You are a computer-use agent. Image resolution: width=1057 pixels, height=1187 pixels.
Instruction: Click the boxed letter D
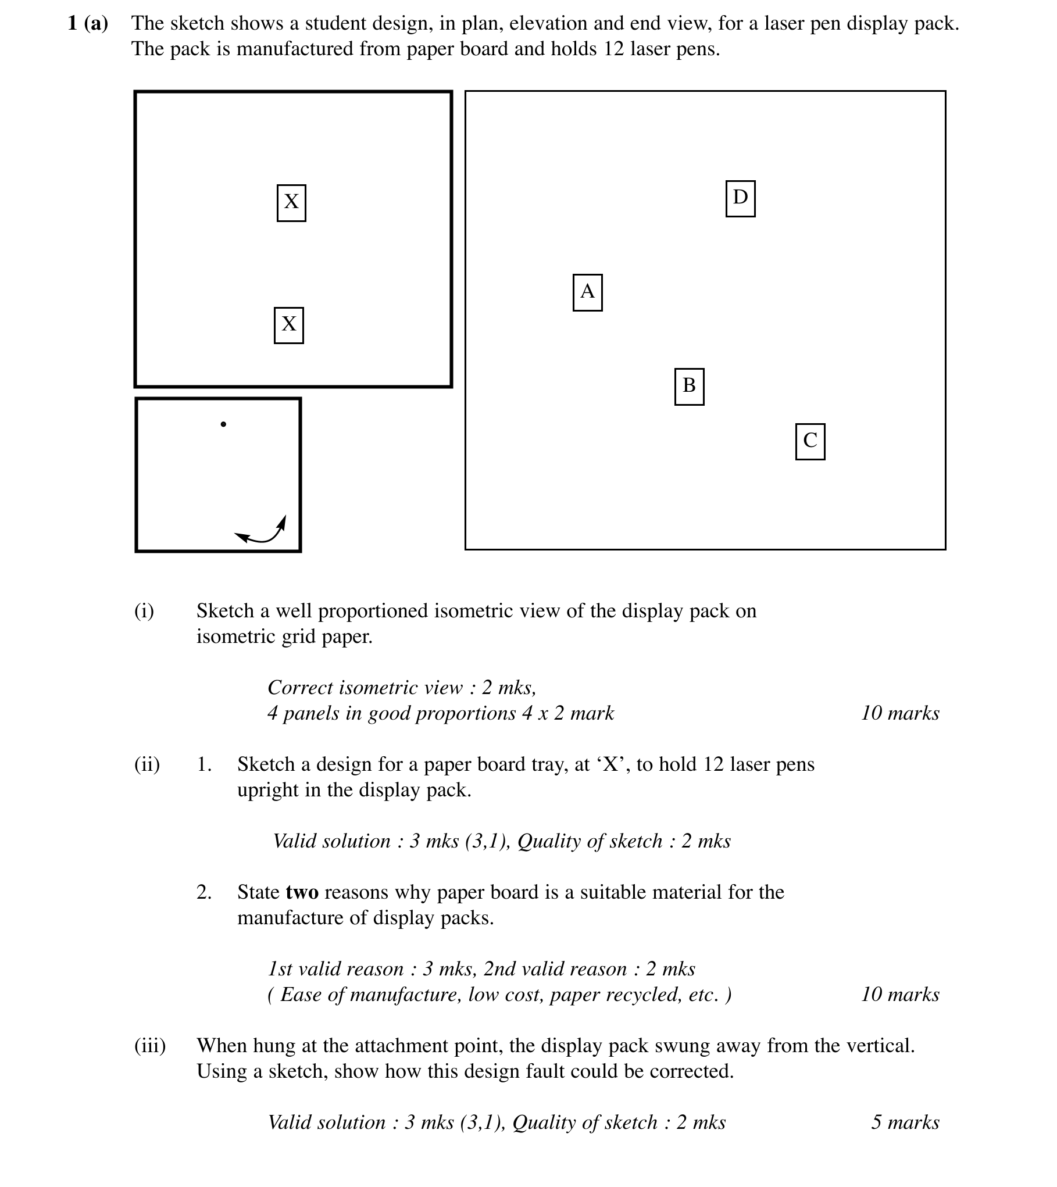tap(740, 199)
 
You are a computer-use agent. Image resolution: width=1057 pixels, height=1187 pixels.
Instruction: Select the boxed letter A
tap(587, 292)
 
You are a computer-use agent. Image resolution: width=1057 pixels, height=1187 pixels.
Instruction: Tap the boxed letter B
tap(689, 387)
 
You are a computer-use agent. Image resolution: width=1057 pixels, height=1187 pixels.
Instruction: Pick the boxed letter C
tap(810, 442)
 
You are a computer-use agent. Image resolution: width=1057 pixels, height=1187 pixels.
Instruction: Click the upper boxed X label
tap(291, 203)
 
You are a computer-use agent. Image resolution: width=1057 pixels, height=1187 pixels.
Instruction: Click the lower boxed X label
tap(289, 326)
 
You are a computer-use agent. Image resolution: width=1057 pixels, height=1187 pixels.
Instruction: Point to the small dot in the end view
tap(223, 424)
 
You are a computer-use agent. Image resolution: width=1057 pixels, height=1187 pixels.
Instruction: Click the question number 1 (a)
tap(88, 23)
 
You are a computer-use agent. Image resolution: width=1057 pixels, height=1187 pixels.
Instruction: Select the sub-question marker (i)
tap(144, 611)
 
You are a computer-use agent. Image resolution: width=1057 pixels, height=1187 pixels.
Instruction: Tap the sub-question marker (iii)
tap(150, 1046)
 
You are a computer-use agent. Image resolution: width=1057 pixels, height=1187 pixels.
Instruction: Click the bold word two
tap(302, 892)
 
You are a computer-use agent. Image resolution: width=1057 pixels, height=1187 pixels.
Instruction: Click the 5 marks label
tap(905, 1122)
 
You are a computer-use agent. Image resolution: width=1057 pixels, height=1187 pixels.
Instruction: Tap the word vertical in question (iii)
tap(879, 1046)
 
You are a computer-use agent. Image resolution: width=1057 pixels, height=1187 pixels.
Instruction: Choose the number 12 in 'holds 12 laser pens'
tap(613, 49)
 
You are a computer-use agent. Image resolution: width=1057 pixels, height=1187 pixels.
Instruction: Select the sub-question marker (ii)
tap(147, 764)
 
